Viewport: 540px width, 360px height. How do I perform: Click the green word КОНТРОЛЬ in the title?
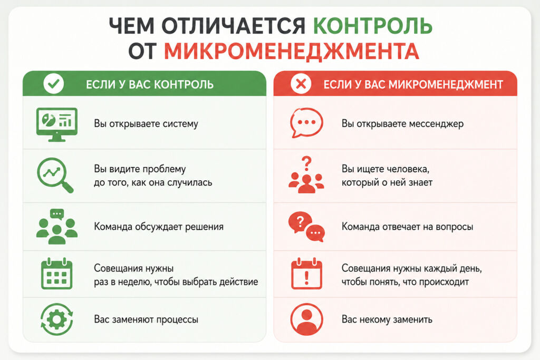[373, 26]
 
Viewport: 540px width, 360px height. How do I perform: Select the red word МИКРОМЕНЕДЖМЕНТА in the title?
[291, 52]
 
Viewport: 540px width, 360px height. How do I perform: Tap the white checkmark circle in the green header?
[53, 84]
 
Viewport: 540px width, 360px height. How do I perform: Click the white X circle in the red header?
[301, 84]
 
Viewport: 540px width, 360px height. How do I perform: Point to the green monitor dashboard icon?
[57, 124]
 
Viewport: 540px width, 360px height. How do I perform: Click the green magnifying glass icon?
[55, 175]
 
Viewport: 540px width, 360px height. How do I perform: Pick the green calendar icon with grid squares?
[56, 274]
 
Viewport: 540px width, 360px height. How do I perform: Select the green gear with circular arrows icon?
[57, 319]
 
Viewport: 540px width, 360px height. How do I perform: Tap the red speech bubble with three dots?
[306, 122]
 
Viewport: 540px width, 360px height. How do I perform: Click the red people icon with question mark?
[306, 175]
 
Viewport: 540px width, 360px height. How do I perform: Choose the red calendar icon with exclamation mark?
[306, 274]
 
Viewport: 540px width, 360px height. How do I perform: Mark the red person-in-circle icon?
[306, 319]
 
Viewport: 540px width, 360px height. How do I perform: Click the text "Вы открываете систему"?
[146, 124]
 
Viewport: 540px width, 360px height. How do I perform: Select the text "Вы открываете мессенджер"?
[402, 124]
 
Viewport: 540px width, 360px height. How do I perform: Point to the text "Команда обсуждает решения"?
[159, 227]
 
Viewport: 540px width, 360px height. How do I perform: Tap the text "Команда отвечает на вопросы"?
[408, 227]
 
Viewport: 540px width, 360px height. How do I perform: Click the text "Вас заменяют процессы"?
[146, 319]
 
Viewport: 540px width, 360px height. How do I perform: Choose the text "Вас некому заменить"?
[387, 319]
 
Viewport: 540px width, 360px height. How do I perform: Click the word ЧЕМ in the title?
[131, 26]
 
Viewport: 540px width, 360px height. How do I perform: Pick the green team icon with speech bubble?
[57, 227]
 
